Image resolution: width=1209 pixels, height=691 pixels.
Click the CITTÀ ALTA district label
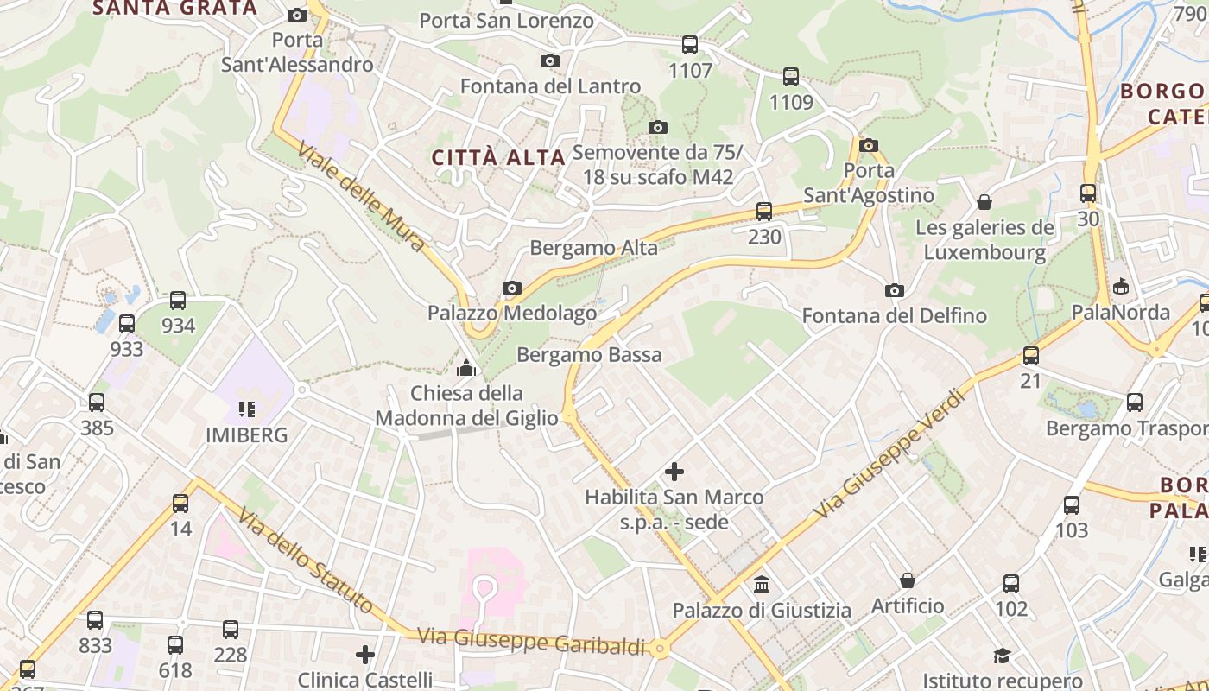(x=498, y=157)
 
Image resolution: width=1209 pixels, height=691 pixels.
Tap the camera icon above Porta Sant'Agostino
(x=869, y=145)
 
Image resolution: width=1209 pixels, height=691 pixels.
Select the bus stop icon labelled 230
(x=764, y=211)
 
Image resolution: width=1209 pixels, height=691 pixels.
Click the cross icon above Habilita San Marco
(x=674, y=472)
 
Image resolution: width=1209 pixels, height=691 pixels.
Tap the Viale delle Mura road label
(x=363, y=198)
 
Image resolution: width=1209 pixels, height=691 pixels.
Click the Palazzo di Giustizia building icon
(x=762, y=585)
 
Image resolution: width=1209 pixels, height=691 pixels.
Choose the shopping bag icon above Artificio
(x=908, y=580)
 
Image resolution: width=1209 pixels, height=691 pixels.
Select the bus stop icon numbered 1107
(x=690, y=45)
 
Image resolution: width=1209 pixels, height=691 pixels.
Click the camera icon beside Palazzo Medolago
(x=512, y=288)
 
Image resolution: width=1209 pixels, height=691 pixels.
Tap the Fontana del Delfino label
(x=894, y=316)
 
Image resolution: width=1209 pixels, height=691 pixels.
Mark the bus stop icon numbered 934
(x=178, y=301)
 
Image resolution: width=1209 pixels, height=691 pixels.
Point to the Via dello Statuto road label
(x=306, y=562)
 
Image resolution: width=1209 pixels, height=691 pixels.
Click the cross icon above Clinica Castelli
(x=365, y=655)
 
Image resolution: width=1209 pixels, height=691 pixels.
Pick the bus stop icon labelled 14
(x=180, y=503)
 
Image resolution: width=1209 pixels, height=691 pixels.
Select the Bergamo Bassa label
(x=589, y=354)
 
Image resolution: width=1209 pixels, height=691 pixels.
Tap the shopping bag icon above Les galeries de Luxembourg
(x=984, y=203)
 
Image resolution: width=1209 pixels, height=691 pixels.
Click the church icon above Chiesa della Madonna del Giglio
(x=466, y=369)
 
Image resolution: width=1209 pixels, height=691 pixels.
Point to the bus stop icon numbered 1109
(x=791, y=77)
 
